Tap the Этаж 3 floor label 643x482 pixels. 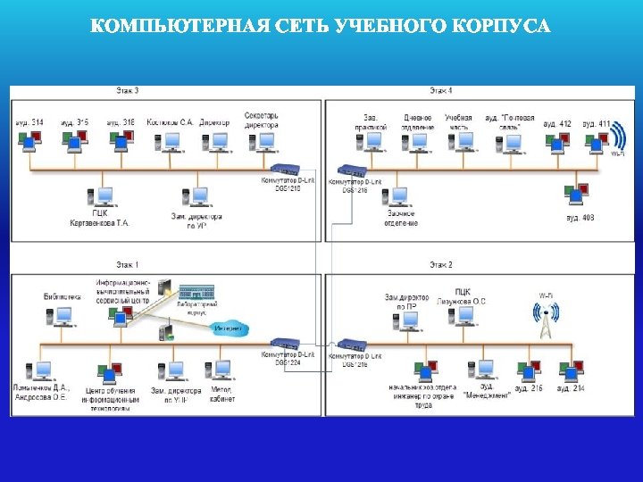pyautogui.click(x=127, y=90)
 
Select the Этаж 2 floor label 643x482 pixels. pyautogui.click(x=440, y=265)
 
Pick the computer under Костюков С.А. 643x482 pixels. pyautogui.click(x=168, y=141)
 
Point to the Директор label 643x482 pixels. pyautogui.click(x=214, y=121)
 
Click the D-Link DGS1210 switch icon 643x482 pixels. pyautogui.click(x=286, y=170)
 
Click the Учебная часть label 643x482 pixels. pyautogui.click(x=458, y=121)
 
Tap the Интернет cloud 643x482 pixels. pyautogui.click(x=229, y=328)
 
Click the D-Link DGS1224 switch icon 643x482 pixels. pyautogui.click(x=286, y=345)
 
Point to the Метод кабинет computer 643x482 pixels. pyautogui.click(x=220, y=370)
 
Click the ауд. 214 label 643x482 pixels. pyautogui.click(x=571, y=388)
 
